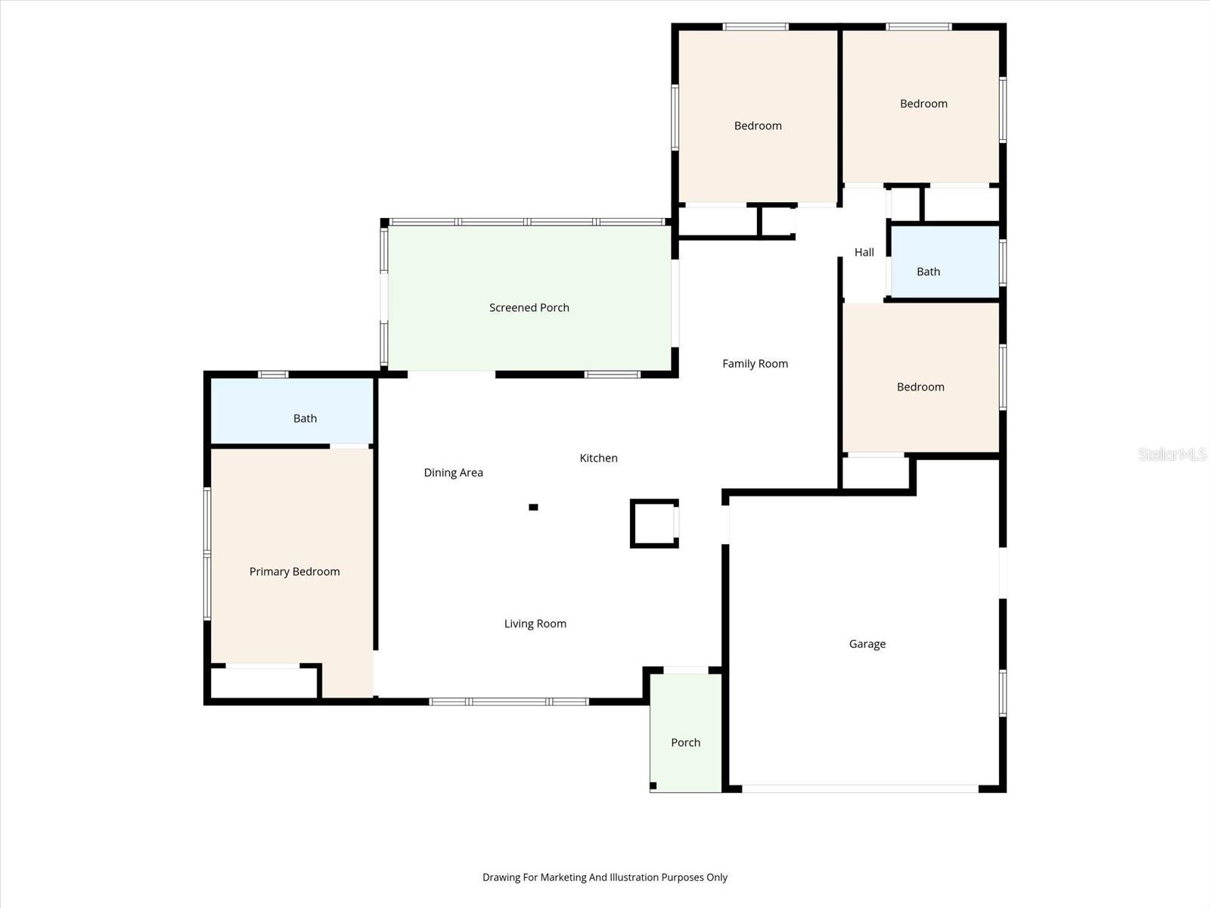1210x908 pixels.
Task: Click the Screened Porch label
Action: click(x=529, y=307)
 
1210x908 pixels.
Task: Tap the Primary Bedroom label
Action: click(x=294, y=571)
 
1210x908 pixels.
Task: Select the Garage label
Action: click(x=867, y=644)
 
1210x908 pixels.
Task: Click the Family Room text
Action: click(x=755, y=364)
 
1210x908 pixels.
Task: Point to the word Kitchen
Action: click(x=598, y=458)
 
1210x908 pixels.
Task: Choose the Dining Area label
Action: click(x=453, y=473)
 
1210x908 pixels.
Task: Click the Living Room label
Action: click(x=535, y=623)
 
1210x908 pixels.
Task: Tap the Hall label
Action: click(x=864, y=253)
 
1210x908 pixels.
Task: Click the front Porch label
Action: click(x=685, y=742)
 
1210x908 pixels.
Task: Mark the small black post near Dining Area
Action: click(x=533, y=507)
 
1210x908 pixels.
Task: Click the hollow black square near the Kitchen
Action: click(x=653, y=523)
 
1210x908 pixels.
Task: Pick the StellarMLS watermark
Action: click(x=1171, y=454)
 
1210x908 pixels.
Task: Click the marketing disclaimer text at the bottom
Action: click(x=604, y=878)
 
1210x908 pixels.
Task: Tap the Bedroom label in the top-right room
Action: click(x=923, y=104)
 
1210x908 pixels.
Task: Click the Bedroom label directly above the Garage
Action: click(x=920, y=387)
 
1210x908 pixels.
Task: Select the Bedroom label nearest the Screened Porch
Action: click(x=757, y=126)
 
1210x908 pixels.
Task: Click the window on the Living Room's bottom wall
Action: click(x=509, y=701)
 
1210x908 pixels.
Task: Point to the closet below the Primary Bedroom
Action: click(x=262, y=683)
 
